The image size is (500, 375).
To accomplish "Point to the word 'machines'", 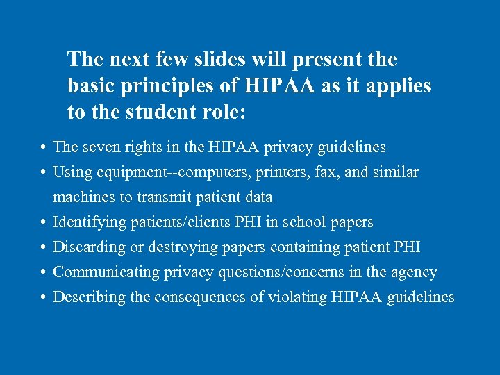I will pos(83,197).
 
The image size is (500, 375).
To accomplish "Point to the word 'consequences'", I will pos(190,297).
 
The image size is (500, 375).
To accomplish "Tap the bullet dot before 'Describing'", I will pos(43,298).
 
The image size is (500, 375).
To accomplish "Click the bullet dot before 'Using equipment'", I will pos(43,173).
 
